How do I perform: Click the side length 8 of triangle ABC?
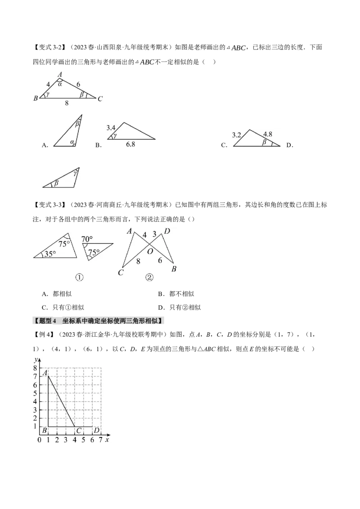(67, 103)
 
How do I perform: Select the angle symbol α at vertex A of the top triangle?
(60, 84)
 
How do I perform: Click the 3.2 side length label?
(237, 134)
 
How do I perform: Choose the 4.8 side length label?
(267, 134)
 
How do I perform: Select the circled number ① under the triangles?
(79, 277)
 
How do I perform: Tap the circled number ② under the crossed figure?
(150, 277)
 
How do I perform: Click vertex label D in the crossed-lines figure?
(166, 232)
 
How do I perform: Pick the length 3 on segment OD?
(154, 234)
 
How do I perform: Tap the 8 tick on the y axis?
(35, 368)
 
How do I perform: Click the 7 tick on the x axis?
(100, 439)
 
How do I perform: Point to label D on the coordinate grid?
(96, 431)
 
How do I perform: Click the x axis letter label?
(107, 439)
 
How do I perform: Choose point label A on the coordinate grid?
(45, 373)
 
